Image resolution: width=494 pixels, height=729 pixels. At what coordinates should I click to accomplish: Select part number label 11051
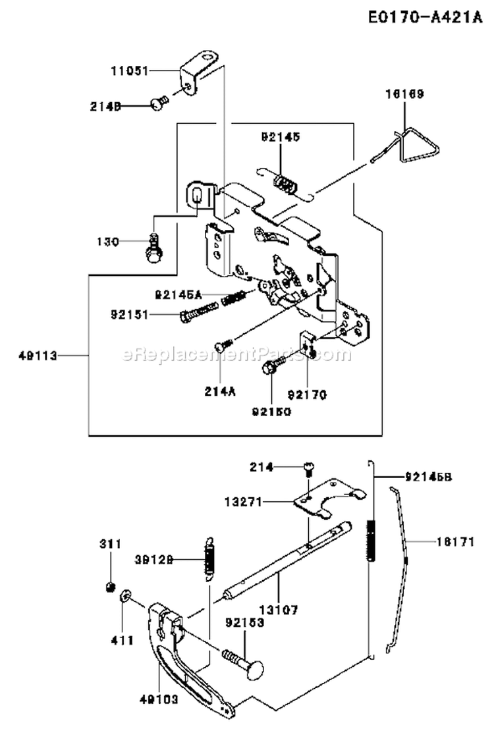pos(127,68)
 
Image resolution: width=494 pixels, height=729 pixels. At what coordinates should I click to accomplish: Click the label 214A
pos(219,391)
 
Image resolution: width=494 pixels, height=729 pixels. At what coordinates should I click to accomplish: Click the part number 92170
pos(307,395)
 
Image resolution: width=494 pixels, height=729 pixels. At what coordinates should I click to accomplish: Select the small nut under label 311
pos(111,586)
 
